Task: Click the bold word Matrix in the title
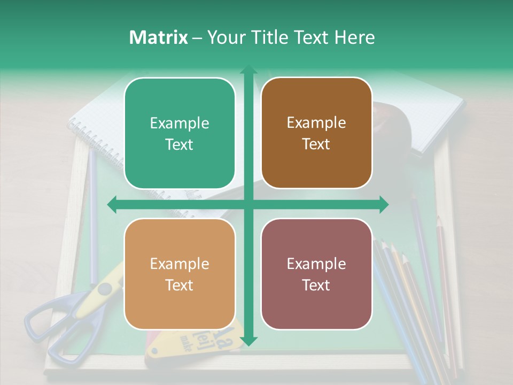159,37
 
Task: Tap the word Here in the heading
354,37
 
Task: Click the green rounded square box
180,133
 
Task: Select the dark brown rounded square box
316,133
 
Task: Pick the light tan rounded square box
180,274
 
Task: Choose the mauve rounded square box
316,274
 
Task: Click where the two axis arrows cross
248,204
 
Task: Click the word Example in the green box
180,123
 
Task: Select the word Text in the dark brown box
316,144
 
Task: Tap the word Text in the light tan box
180,285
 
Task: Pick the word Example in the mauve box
316,264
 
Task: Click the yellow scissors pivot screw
105,289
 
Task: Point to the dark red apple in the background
393,128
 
